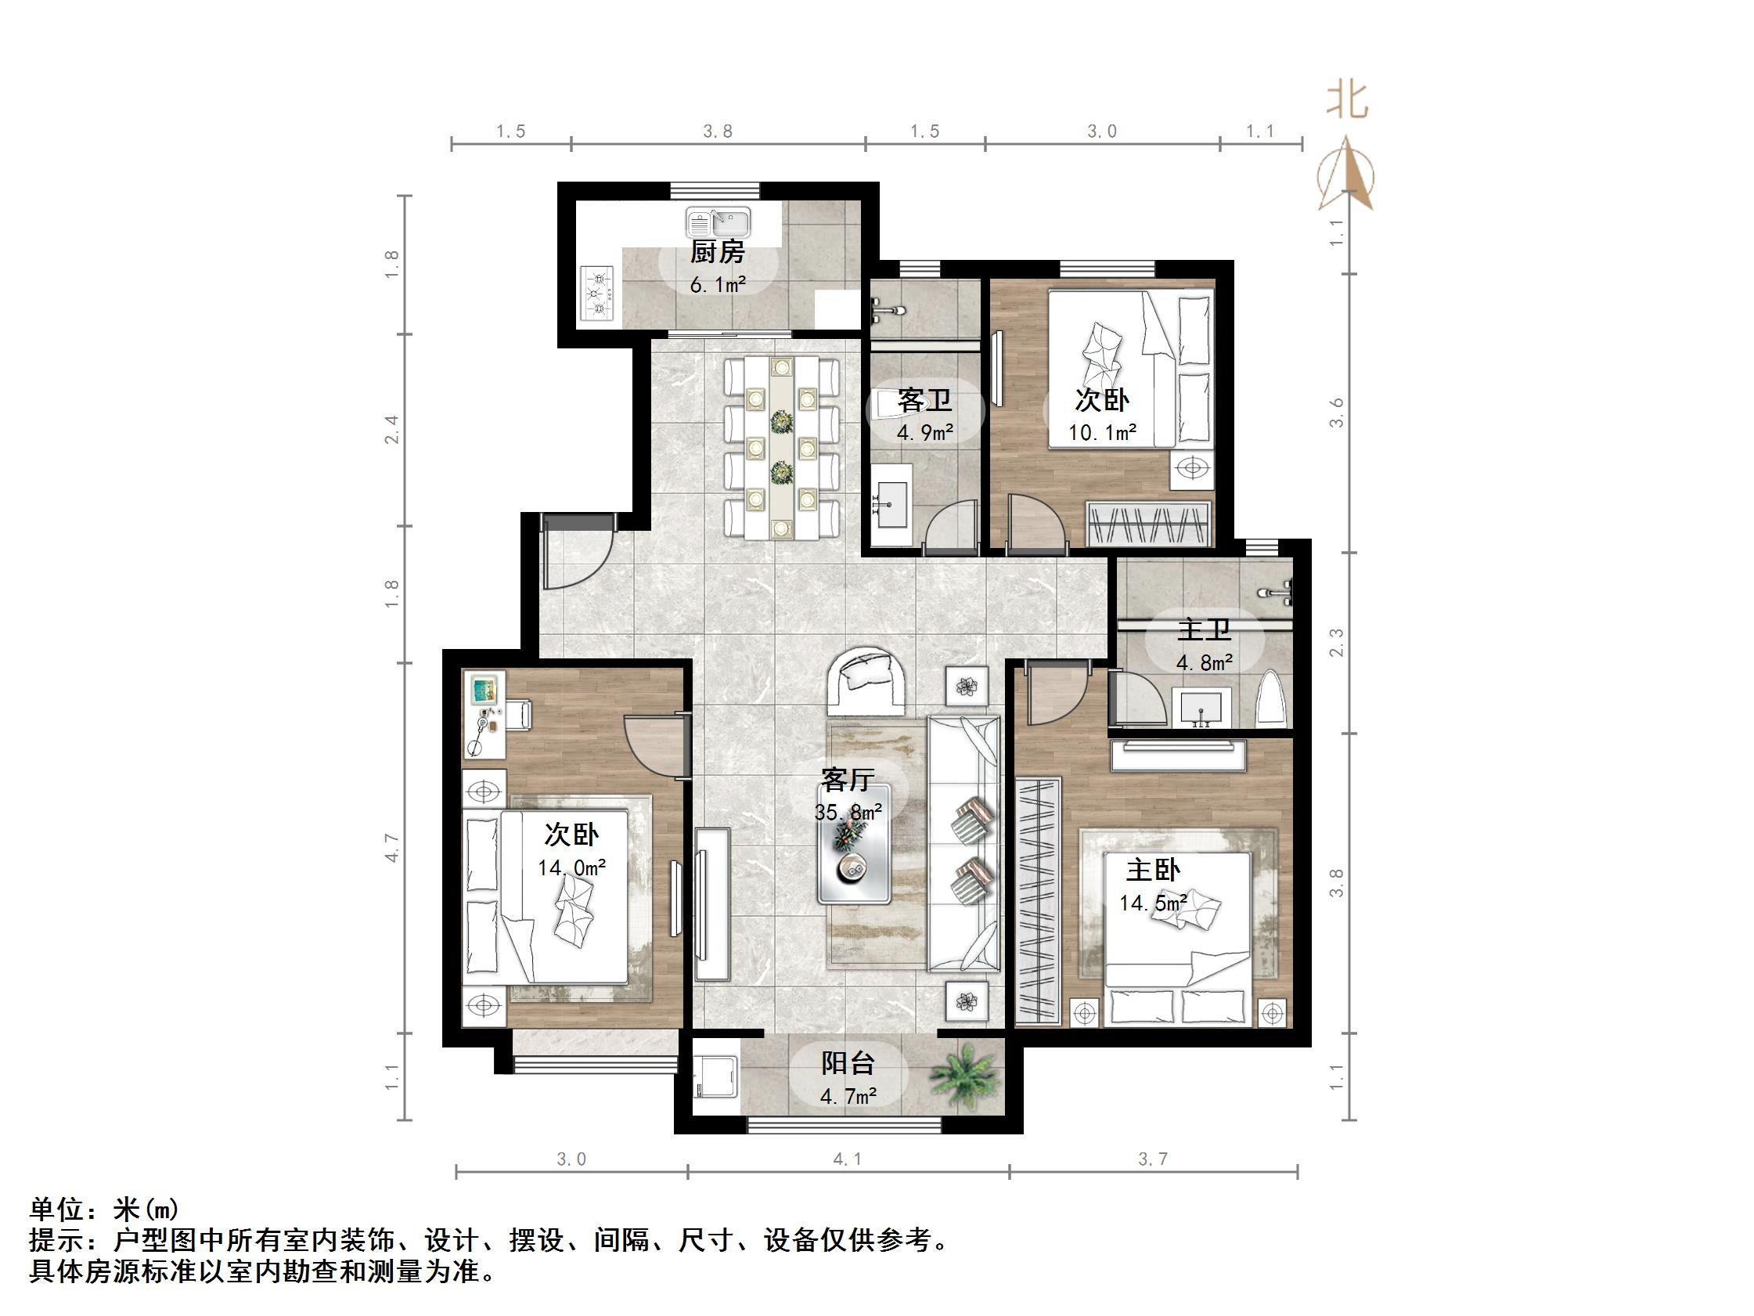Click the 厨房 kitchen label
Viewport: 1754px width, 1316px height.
(x=717, y=253)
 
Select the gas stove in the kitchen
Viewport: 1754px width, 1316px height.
(x=598, y=293)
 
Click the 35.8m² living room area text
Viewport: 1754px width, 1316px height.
(x=848, y=813)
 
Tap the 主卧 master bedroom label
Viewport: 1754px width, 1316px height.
(x=1152, y=871)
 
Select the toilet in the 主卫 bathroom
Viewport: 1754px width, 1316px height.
(x=1270, y=699)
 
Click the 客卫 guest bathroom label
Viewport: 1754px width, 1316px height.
(x=924, y=401)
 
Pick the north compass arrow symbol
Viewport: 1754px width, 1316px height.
(x=1345, y=175)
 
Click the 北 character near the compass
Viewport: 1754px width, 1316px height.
(x=1347, y=102)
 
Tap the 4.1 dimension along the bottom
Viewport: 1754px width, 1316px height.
(x=847, y=1159)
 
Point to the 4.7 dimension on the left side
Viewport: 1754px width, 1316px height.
(x=392, y=848)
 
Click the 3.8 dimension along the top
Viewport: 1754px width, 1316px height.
(x=718, y=132)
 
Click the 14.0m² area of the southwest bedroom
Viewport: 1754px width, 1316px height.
(x=571, y=868)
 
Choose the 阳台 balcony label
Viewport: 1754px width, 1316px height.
(x=848, y=1063)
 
